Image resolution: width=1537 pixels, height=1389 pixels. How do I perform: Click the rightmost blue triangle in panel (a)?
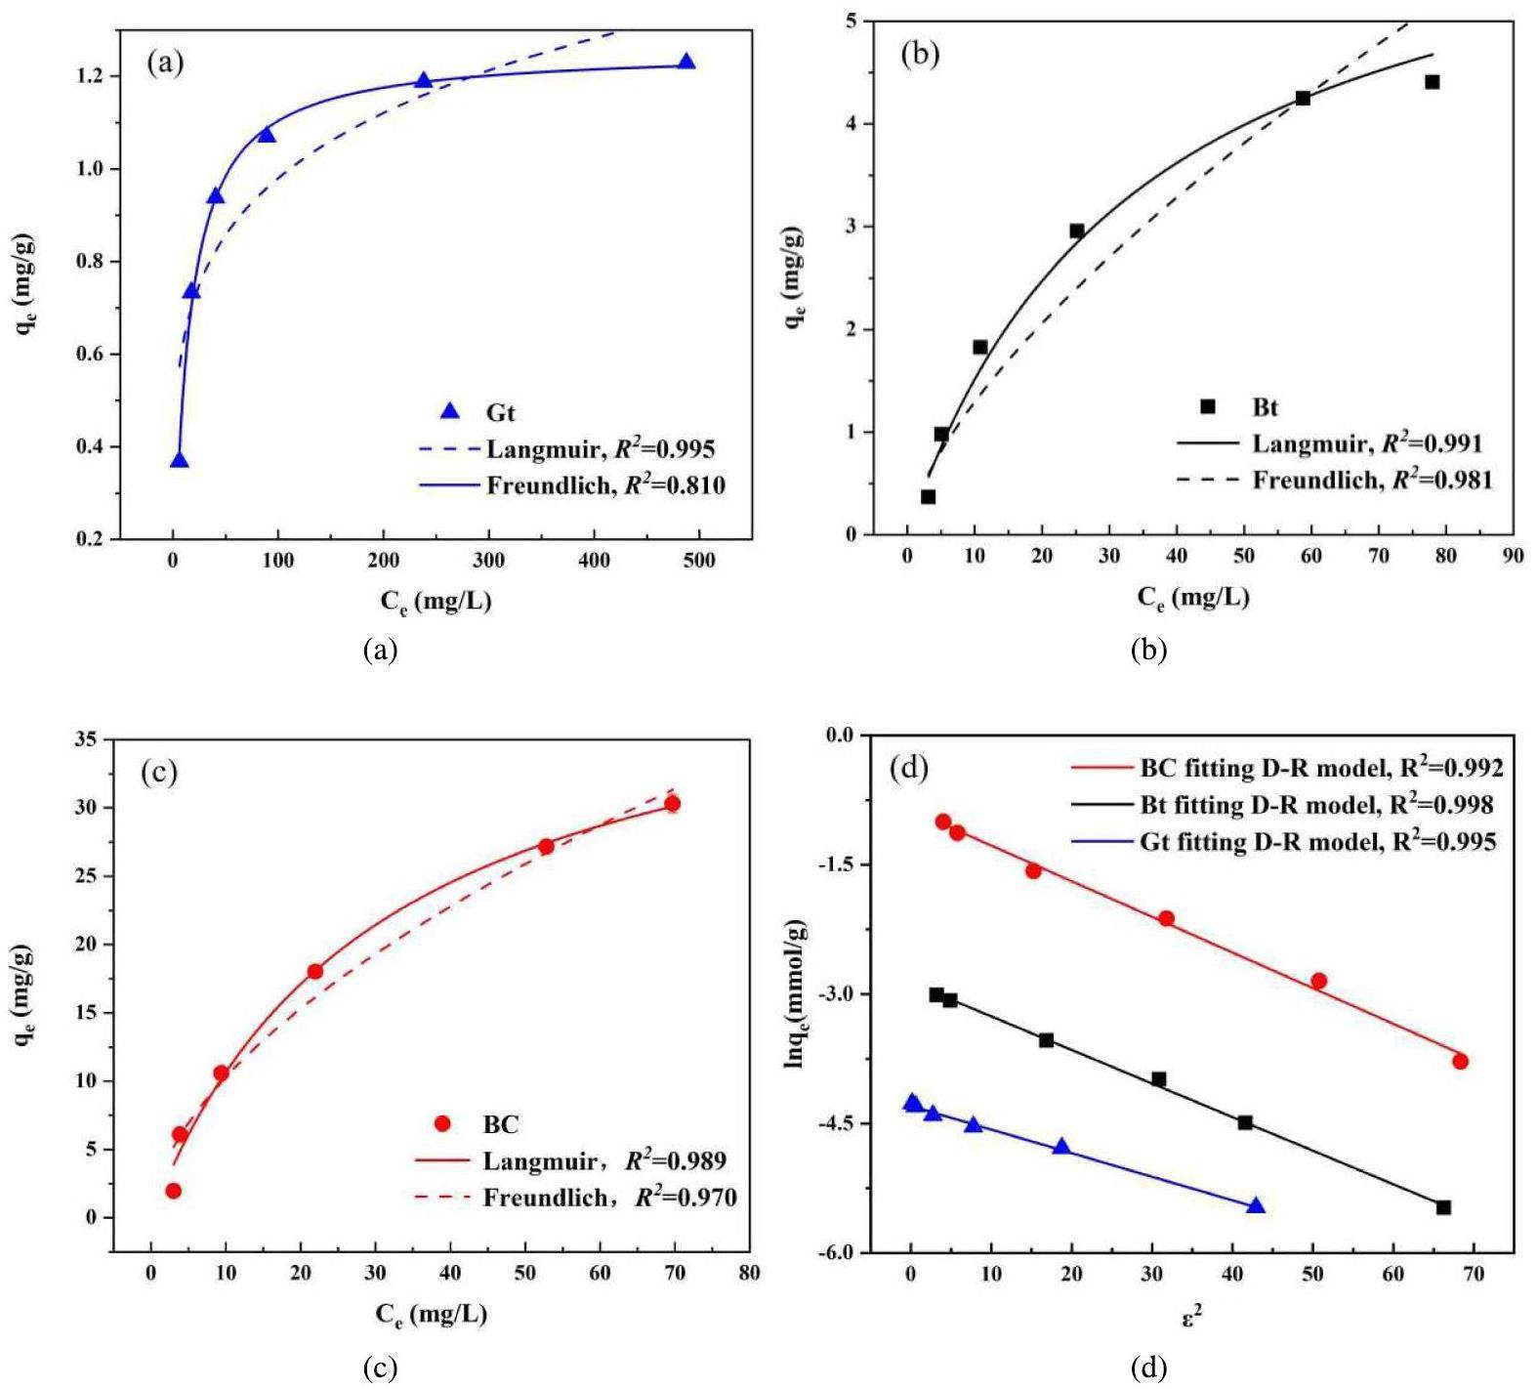(686, 63)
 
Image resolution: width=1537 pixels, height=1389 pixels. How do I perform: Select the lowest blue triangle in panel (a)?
(179, 460)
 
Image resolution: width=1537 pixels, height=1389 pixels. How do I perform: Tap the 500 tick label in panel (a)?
(700, 561)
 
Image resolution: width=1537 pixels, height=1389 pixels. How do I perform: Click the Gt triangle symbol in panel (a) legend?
(450, 411)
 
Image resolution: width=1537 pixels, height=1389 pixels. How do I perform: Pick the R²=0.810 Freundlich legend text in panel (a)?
(605, 484)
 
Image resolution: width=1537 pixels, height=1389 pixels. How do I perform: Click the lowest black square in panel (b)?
(928, 497)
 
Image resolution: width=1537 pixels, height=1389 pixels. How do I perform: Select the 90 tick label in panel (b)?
(1513, 556)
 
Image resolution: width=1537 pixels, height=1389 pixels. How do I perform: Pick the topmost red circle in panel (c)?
(672, 804)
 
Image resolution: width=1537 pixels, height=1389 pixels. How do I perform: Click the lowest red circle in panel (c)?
(173, 1191)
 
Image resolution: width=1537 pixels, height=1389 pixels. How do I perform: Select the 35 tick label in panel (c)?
(86, 740)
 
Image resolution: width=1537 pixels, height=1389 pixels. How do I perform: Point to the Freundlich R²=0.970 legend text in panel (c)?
(609, 1197)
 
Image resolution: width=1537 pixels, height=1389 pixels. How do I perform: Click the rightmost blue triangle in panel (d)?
(1256, 1206)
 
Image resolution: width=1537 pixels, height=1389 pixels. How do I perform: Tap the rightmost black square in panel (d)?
(1443, 1207)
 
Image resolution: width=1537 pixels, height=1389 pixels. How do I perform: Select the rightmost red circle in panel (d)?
(1460, 1062)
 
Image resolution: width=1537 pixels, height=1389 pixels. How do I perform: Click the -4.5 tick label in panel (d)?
(836, 1123)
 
